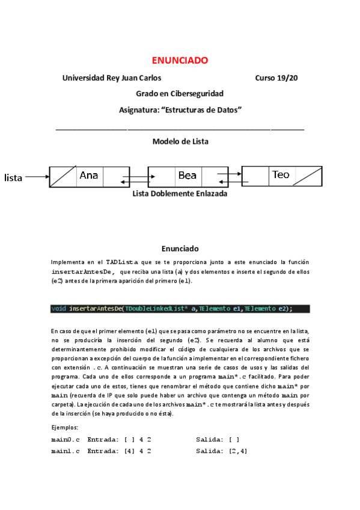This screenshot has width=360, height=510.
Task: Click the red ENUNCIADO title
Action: pos(180,60)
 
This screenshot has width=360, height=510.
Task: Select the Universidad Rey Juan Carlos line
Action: pos(112,78)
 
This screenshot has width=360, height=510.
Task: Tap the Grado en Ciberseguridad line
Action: pos(180,94)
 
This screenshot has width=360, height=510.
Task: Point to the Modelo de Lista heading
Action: pos(180,141)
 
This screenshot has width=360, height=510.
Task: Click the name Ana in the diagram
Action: pos(88,176)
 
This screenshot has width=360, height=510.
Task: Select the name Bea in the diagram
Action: pos(187,176)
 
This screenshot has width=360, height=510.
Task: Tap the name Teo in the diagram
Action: pos(280,175)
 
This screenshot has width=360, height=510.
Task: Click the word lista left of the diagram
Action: pos(13,177)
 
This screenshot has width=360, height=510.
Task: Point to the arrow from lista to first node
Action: pos(37,177)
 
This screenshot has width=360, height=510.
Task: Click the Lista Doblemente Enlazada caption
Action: pos(180,194)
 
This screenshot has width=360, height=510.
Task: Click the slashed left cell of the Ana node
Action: pos(62,176)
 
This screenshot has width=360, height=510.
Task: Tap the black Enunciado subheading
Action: pos(180,248)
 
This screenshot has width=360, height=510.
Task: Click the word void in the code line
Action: pos(59,309)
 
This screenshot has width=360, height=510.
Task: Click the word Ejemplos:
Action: pos(65,428)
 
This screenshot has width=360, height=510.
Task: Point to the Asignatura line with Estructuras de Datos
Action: pos(180,109)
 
